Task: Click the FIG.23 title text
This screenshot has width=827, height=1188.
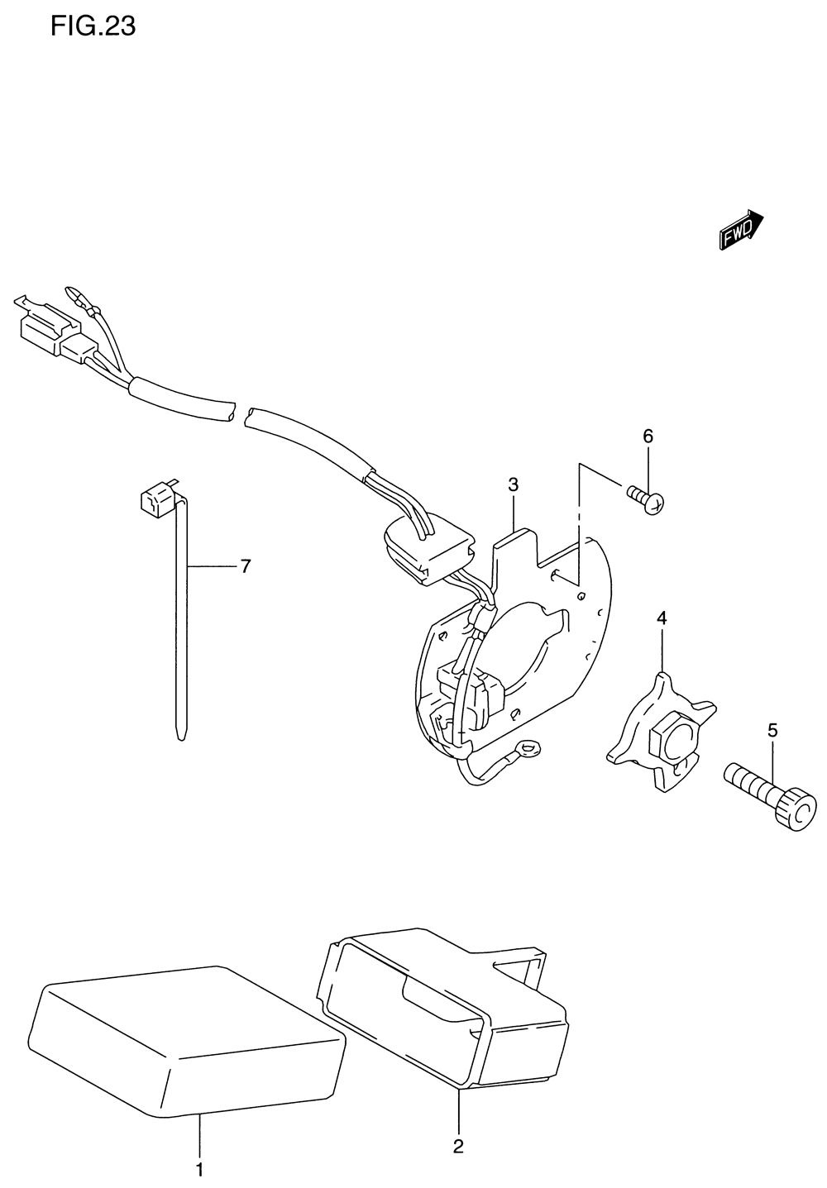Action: tap(93, 27)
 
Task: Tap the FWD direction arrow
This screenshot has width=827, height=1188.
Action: tap(741, 230)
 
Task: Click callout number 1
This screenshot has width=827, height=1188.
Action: tap(198, 1169)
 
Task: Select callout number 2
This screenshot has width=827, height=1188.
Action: tap(457, 1146)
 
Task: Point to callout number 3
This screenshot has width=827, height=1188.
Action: tap(513, 484)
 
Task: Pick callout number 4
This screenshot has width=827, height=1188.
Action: tap(662, 618)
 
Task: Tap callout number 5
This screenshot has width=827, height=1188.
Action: tap(772, 730)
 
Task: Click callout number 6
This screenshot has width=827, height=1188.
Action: tap(648, 436)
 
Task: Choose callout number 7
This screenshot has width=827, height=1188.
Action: tap(245, 566)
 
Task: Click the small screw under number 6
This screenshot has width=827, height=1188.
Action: tap(647, 499)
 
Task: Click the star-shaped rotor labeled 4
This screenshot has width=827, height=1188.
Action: tap(662, 732)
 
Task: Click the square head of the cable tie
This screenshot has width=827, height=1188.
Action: tap(154, 500)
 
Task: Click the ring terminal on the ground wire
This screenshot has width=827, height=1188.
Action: tap(526, 751)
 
